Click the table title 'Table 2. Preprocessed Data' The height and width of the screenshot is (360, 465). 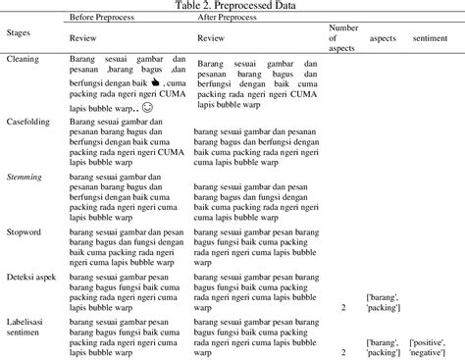pos(232,6)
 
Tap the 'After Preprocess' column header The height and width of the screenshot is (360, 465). pos(231,19)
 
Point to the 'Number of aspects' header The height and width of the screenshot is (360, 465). pos(344,37)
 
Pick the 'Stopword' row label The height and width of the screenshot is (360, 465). pos(25,231)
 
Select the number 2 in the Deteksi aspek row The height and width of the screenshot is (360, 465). pos(343,307)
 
